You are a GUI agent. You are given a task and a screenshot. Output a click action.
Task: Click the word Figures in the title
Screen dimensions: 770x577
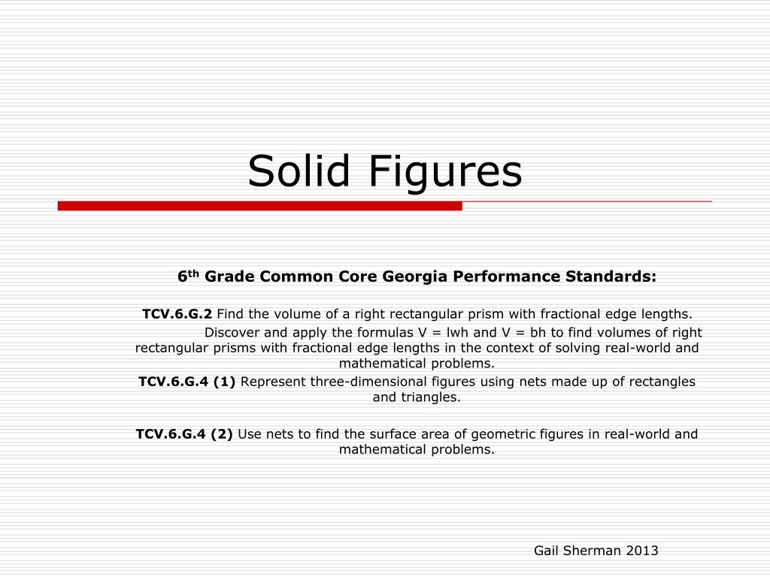(445, 173)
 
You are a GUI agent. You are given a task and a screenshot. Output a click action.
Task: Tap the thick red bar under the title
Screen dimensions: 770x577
(259, 206)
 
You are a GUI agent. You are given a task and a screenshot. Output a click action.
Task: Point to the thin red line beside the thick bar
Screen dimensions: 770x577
(587, 201)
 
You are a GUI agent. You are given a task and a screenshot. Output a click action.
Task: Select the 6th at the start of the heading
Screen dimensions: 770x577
(188, 276)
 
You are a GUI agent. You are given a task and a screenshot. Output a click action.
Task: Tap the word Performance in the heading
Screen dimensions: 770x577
(506, 276)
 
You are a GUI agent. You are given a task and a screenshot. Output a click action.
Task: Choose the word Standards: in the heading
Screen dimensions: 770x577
(611, 276)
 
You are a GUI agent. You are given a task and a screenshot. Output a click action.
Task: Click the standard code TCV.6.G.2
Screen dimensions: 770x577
(177, 314)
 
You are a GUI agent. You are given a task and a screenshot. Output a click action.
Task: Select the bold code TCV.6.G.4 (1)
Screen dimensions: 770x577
(187, 382)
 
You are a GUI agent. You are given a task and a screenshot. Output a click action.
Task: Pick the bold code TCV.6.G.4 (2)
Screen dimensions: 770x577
(184, 434)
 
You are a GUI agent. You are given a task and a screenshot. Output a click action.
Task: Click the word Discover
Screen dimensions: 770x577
(232, 333)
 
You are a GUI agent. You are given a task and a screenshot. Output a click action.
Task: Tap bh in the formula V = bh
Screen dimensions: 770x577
(538, 333)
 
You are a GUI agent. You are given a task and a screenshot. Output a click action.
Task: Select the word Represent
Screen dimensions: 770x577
(273, 382)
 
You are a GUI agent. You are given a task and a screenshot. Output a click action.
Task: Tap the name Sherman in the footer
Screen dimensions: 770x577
(592, 551)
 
